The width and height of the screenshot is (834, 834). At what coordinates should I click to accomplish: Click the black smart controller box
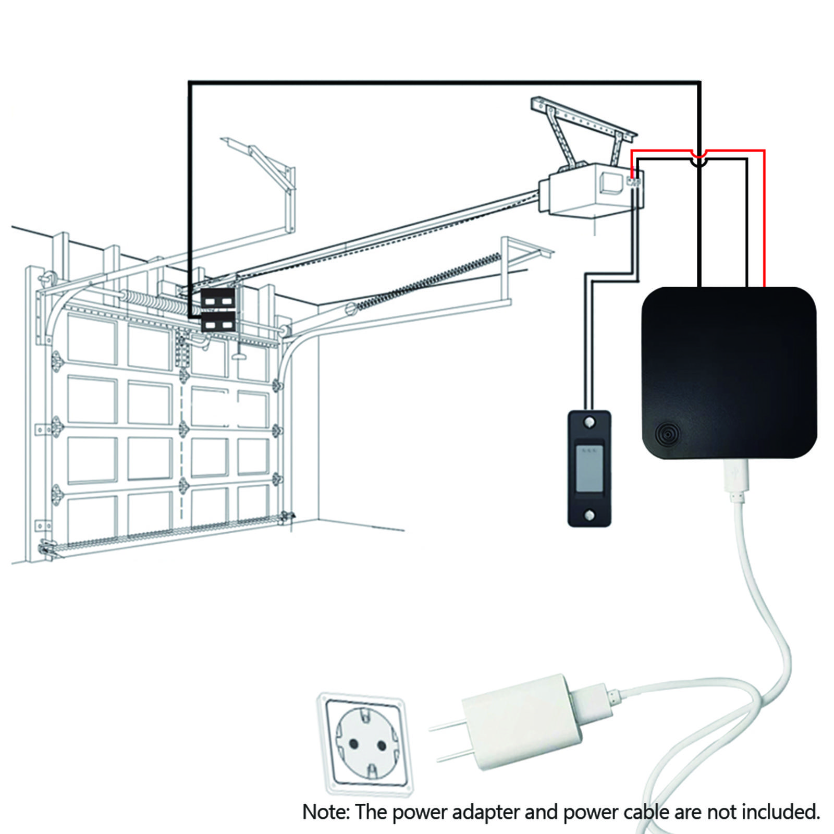[729, 372]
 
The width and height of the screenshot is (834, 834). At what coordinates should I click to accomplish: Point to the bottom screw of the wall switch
[589, 516]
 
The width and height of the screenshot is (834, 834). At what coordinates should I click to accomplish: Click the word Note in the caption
[325, 811]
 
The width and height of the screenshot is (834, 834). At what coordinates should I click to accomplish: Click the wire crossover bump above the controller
[698, 158]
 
